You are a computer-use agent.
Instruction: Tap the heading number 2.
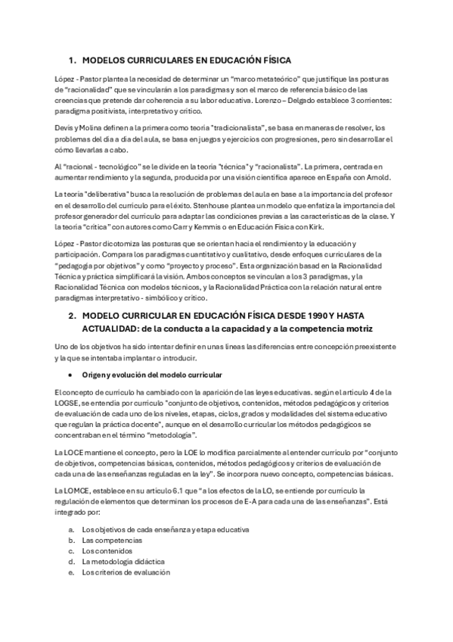tap(72, 314)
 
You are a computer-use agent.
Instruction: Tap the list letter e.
tap(70, 572)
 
